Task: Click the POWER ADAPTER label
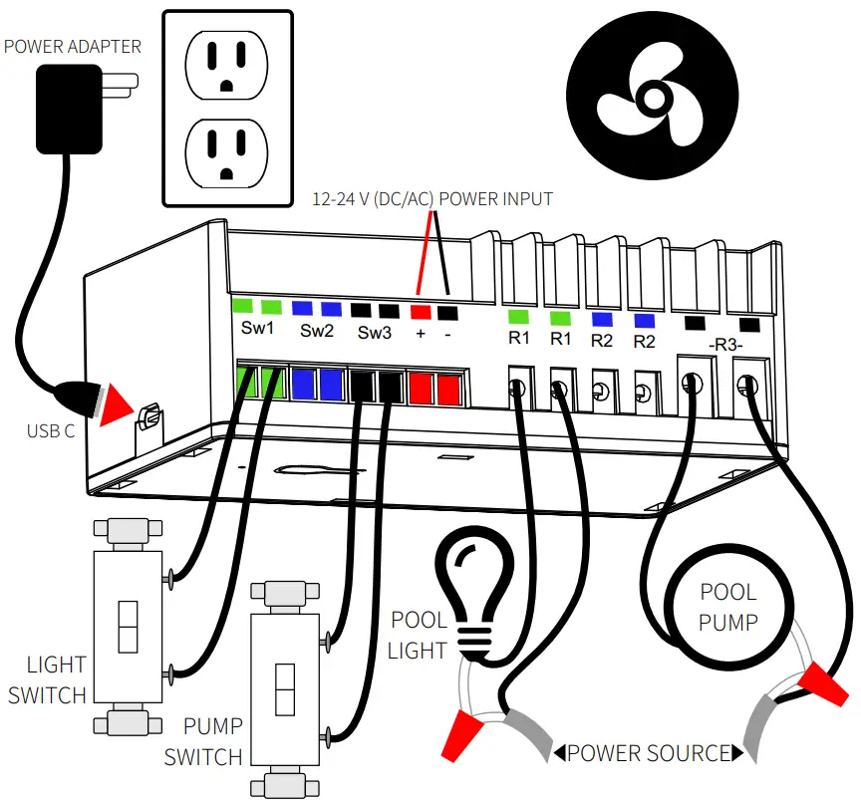pos(73,46)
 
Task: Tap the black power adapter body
pos(68,109)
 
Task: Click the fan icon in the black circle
pos(653,98)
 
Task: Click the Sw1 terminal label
pos(257,330)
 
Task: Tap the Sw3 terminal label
pos(375,331)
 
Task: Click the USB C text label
pos(51,431)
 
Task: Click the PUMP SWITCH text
pos(203,742)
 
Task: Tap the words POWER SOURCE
pos(648,752)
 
